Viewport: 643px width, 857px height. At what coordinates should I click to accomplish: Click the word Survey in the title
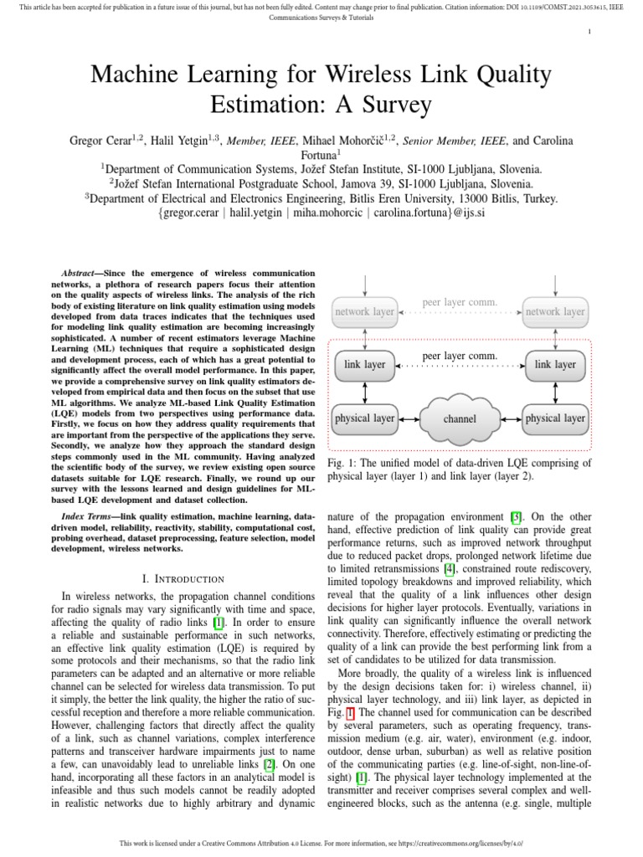pos(391,105)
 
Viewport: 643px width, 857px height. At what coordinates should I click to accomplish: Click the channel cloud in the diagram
pos(460,418)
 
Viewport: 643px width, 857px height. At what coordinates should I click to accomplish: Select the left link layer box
pos(364,365)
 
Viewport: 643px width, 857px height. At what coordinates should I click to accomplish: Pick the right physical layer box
pos(554,418)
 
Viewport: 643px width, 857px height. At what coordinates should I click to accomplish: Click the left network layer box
pos(364,311)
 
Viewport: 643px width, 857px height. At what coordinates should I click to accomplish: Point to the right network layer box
pos(554,311)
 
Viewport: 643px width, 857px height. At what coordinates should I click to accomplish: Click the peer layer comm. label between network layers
pos(460,301)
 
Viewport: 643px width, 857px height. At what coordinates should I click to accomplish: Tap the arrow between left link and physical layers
pos(364,391)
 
